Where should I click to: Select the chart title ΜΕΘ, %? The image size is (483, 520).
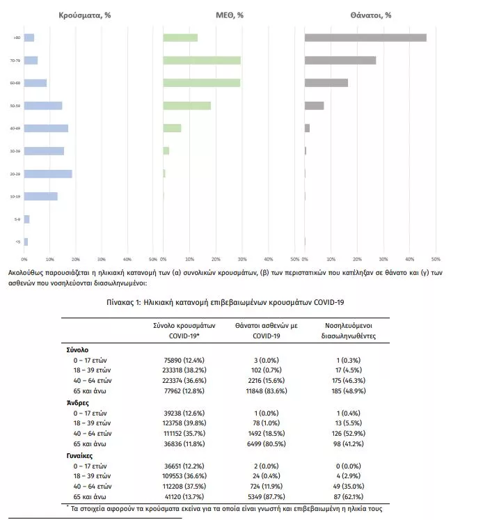click(230, 14)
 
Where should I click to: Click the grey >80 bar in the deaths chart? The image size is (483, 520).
click(365, 38)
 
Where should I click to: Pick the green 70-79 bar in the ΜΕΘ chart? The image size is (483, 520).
click(202, 61)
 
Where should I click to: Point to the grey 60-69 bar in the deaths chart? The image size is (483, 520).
click(326, 83)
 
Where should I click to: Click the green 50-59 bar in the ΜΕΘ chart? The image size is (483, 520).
click(187, 106)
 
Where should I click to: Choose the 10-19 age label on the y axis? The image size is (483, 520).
click(15, 196)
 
